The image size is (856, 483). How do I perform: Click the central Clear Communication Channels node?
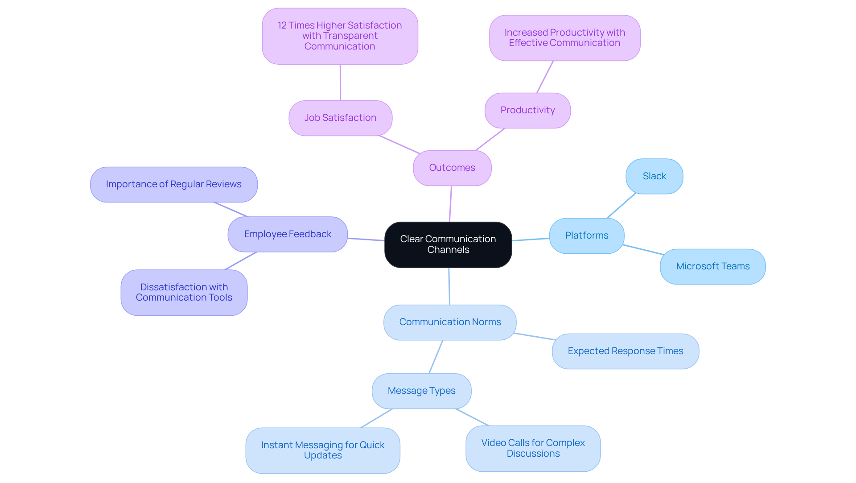[x=448, y=244]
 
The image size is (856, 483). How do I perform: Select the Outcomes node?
[x=452, y=168]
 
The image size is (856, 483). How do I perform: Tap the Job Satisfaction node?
[x=340, y=118]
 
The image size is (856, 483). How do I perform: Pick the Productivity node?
[x=527, y=110]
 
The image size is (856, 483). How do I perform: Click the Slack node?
[x=654, y=176]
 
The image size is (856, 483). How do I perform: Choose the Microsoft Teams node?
[x=712, y=266]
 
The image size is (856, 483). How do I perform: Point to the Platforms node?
[x=586, y=235]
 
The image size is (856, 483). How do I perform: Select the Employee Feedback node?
[x=288, y=234]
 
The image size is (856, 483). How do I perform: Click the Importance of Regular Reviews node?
[x=174, y=184]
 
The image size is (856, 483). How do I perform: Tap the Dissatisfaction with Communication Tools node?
[x=184, y=292]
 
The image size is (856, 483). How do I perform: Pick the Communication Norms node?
[x=450, y=322]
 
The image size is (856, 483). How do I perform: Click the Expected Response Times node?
[x=625, y=351]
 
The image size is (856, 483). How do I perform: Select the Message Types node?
[x=421, y=391]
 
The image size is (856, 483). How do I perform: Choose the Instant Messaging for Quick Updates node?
[x=322, y=450]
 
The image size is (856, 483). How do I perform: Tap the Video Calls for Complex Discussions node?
[x=533, y=448]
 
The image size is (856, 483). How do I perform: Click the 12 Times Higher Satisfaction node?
[x=340, y=36]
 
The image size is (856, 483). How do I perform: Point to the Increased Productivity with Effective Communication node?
[x=564, y=37]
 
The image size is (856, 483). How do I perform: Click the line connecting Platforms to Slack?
[x=621, y=206]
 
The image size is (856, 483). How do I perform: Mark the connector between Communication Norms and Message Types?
[x=436, y=357]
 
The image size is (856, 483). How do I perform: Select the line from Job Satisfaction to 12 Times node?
[x=340, y=83]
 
